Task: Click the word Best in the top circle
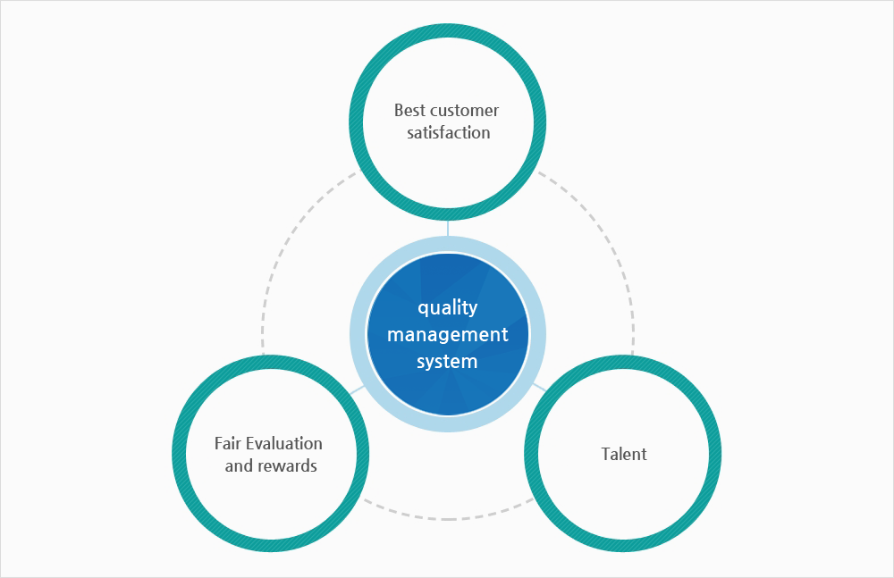point(409,110)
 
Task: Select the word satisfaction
point(448,133)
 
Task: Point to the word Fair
point(228,443)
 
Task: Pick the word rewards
point(286,466)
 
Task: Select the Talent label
point(624,455)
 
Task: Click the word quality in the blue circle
point(448,308)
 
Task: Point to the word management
point(448,335)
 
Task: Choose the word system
point(447,362)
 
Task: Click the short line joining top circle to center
point(448,228)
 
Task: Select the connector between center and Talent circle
point(539,387)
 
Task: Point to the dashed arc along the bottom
point(448,519)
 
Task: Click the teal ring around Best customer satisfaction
point(448,30)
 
